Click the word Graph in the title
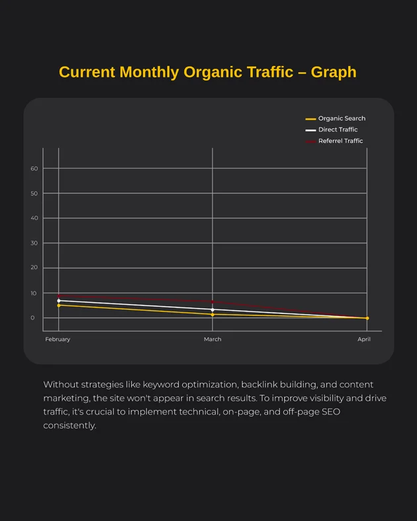(334, 72)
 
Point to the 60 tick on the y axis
(34, 169)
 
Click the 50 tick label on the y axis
(34, 194)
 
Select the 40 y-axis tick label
(34, 218)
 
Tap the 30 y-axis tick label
(34, 243)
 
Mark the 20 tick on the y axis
(34, 268)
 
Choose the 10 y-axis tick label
(34, 293)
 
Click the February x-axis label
(58, 339)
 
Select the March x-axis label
(212, 339)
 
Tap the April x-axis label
(364, 339)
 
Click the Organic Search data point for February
(59, 305)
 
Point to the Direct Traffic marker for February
(59, 301)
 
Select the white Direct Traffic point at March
(212, 309)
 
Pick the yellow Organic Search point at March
(212, 315)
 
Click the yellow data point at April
(367, 318)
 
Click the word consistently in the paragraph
(69, 425)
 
